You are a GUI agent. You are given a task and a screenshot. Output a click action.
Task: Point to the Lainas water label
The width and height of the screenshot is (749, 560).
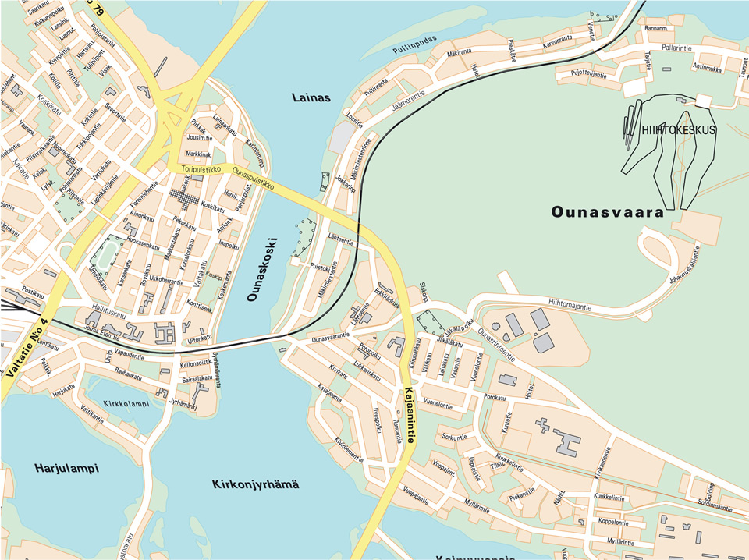tap(311, 98)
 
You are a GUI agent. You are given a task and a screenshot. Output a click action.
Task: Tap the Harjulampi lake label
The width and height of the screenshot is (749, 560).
tap(66, 468)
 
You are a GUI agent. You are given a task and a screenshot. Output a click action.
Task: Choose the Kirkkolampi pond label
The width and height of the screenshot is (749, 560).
tap(126, 404)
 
